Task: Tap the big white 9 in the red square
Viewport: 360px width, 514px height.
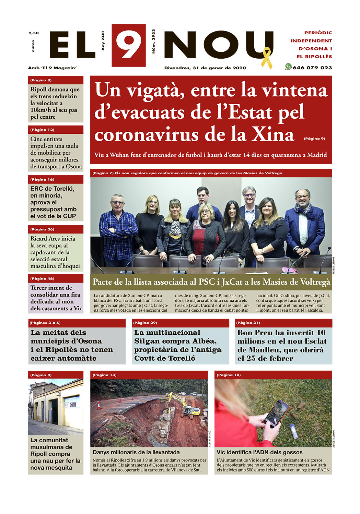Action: click(128, 45)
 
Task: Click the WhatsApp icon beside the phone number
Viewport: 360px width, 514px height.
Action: click(288, 67)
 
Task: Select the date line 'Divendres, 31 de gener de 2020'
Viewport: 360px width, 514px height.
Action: click(205, 68)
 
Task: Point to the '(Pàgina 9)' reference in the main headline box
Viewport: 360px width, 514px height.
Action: click(314, 139)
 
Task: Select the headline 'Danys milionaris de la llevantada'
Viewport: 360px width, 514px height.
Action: click(136, 452)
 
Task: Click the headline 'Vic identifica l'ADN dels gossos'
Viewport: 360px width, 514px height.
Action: click(259, 452)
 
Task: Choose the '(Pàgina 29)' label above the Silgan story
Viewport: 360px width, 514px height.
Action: click(145, 323)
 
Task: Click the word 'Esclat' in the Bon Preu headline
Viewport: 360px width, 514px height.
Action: click(312, 341)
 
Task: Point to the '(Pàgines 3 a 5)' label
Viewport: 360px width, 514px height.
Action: click(45, 323)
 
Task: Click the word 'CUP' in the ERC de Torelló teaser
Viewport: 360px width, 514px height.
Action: click(69, 216)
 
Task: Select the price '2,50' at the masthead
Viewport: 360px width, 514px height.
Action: click(34, 33)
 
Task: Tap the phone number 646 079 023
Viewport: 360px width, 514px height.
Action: click(312, 68)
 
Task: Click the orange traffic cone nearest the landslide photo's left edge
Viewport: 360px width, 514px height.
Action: click(99, 406)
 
